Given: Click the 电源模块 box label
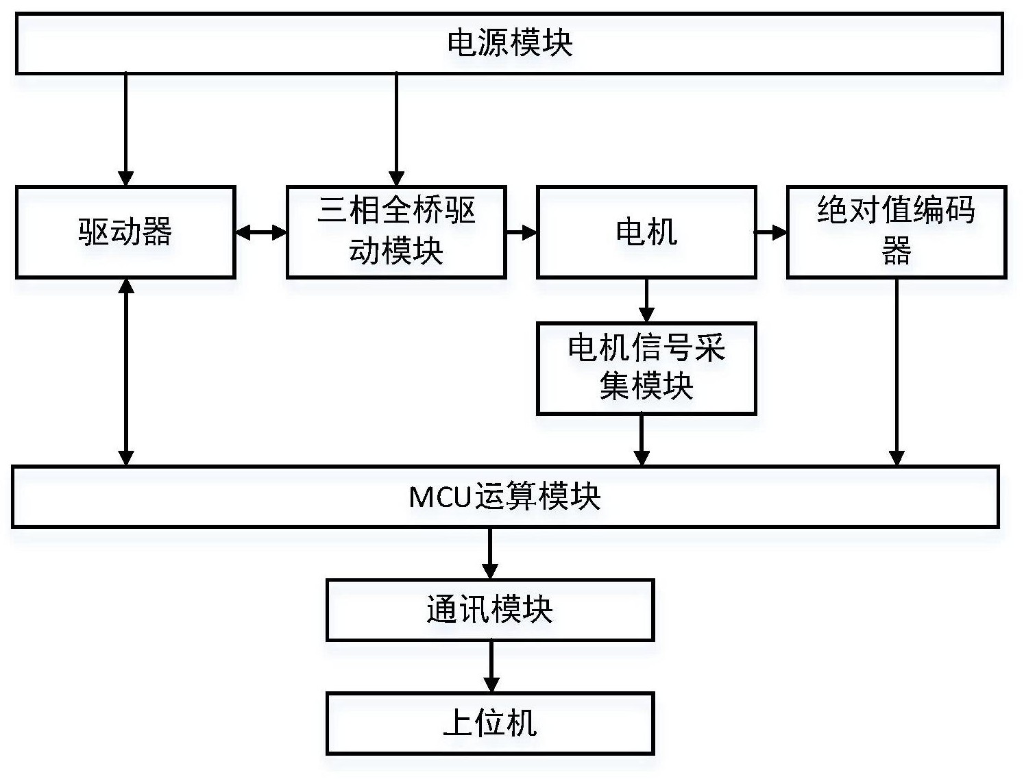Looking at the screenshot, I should [509, 42].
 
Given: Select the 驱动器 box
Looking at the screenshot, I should [125, 232].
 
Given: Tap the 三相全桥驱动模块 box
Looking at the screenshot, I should [396, 232].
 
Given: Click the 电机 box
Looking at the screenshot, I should [646, 232].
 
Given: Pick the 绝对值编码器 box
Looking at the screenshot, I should [896, 232].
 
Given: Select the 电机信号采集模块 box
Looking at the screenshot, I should [646, 368].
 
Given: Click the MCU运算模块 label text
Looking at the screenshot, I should [504, 497].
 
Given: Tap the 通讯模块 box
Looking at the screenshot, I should [490, 610].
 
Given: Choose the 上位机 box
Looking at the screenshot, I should [490, 724].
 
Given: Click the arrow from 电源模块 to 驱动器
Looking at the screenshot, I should [125, 129].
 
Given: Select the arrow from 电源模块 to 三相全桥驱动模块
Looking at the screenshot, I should [396, 129].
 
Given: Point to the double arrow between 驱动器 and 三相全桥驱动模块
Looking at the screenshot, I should [261, 233].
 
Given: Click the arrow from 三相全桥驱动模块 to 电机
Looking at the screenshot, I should [522, 233].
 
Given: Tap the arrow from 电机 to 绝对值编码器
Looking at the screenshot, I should [771, 233].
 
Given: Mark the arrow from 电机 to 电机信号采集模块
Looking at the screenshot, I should [646, 300].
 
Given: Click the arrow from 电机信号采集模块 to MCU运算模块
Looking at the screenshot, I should [642, 440].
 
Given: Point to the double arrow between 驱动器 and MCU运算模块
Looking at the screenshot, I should [126, 372].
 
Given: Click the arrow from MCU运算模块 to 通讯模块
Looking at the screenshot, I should [490, 553].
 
